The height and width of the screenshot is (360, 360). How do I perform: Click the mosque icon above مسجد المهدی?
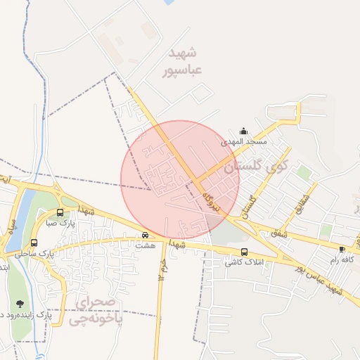pyautogui.click(x=244, y=130)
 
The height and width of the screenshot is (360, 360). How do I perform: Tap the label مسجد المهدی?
pyautogui.click(x=245, y=141)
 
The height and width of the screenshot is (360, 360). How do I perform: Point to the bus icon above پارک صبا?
pyautogui.click(x=60, y=212)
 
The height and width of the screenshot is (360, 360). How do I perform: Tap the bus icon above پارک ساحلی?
pyautogui.click(x=34, y=243)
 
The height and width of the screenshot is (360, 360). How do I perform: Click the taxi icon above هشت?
pyautogui.click(x=146, y=236)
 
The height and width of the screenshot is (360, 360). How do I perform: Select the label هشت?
pyautogui.click(x=146, y=246)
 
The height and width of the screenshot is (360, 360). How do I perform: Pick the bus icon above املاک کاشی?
pyautogui.click(x=244, y=252)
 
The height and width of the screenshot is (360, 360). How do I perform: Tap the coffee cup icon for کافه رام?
pyautogui.click(x=342, y=249)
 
